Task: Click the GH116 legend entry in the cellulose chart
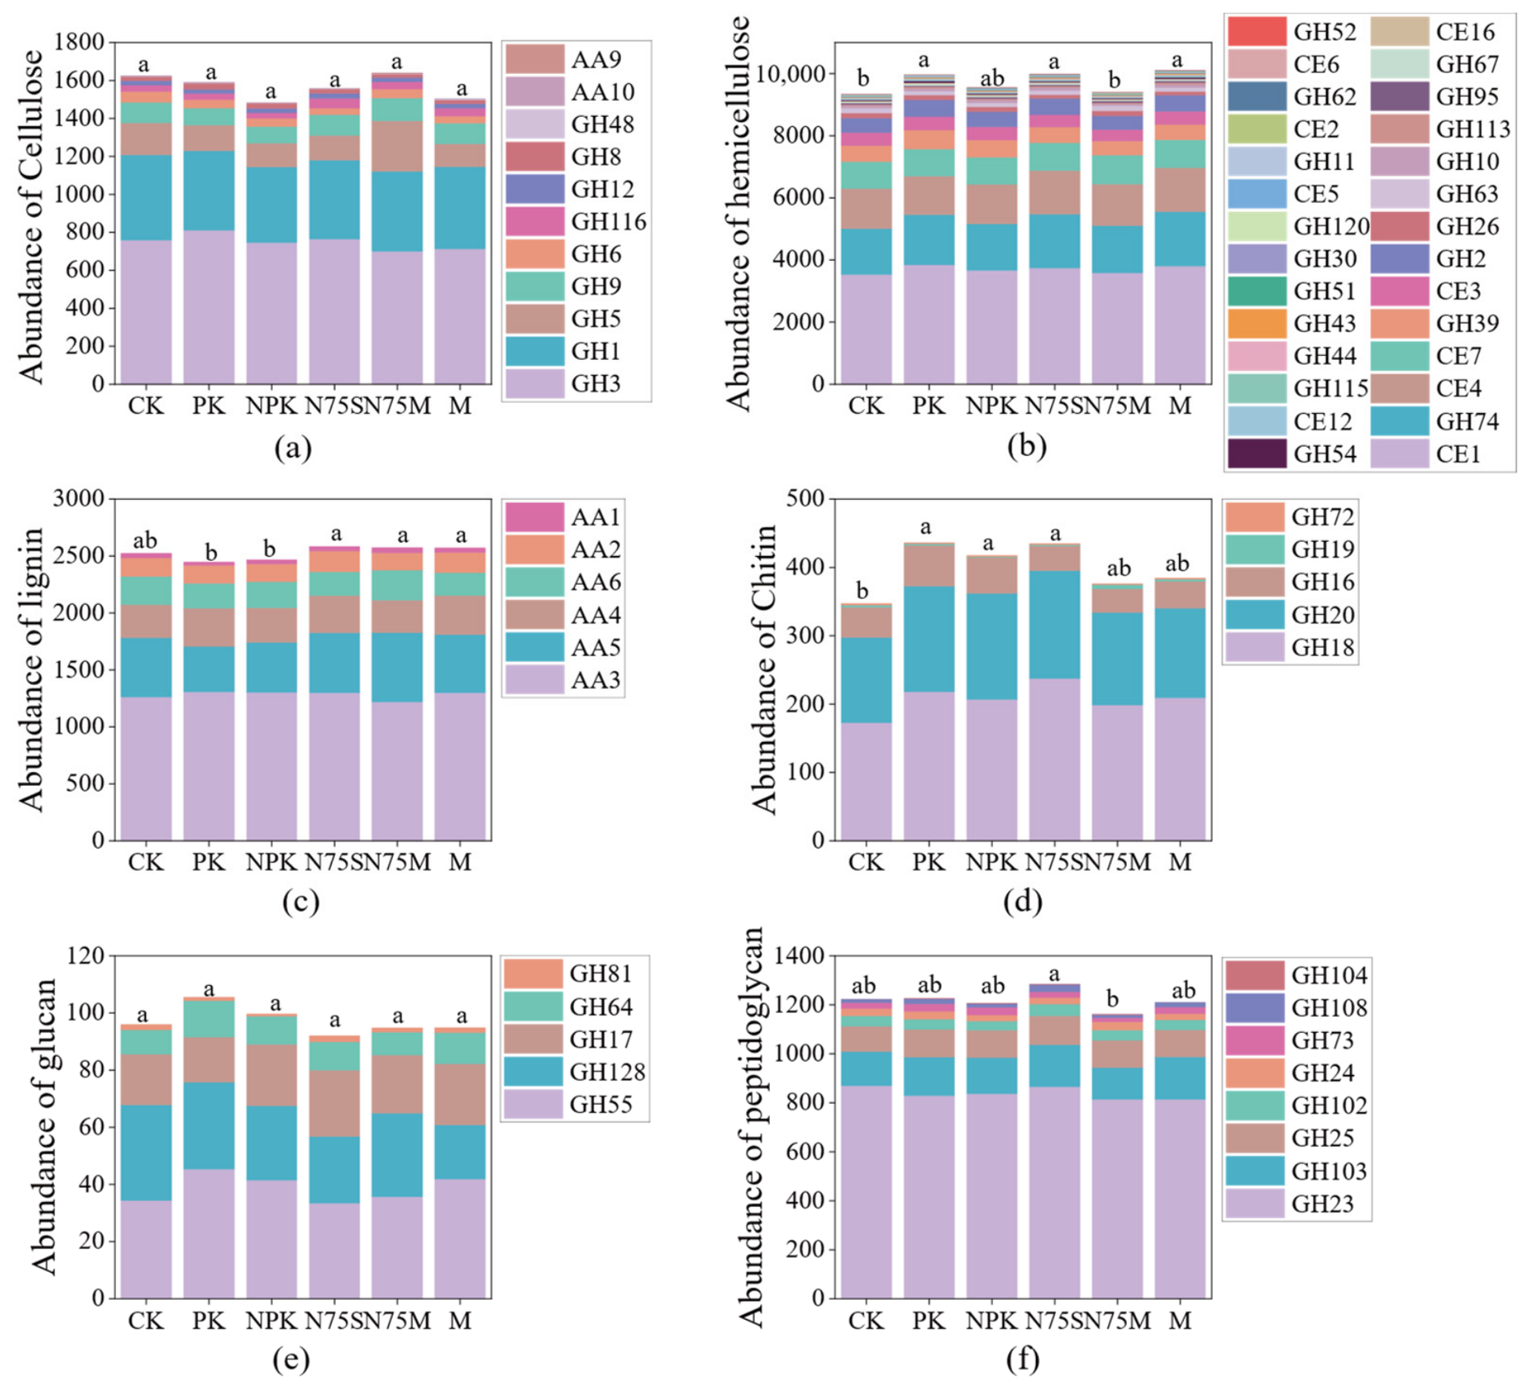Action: click(576, 221)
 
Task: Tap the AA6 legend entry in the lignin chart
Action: click(564, 582)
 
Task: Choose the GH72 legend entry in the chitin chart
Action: click(1290, 517)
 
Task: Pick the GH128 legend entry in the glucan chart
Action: click(575, 1072)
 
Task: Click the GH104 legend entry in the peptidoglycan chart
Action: click(1297, 975)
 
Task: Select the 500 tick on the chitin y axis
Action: click(806, 499)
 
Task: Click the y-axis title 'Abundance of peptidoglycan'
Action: click(751, 1127)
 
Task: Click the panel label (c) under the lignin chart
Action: click(300, 903)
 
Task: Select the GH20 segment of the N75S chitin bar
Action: click(1054, 624)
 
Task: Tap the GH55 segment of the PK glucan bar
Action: click(209, 1233)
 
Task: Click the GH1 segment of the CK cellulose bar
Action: click(146, 198)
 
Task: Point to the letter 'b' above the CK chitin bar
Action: click(863, 591)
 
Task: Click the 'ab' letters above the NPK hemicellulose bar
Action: click(993, 78)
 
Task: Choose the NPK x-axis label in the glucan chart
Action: click(271, 1321)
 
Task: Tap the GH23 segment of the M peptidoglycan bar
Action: click(1180, 1199)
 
